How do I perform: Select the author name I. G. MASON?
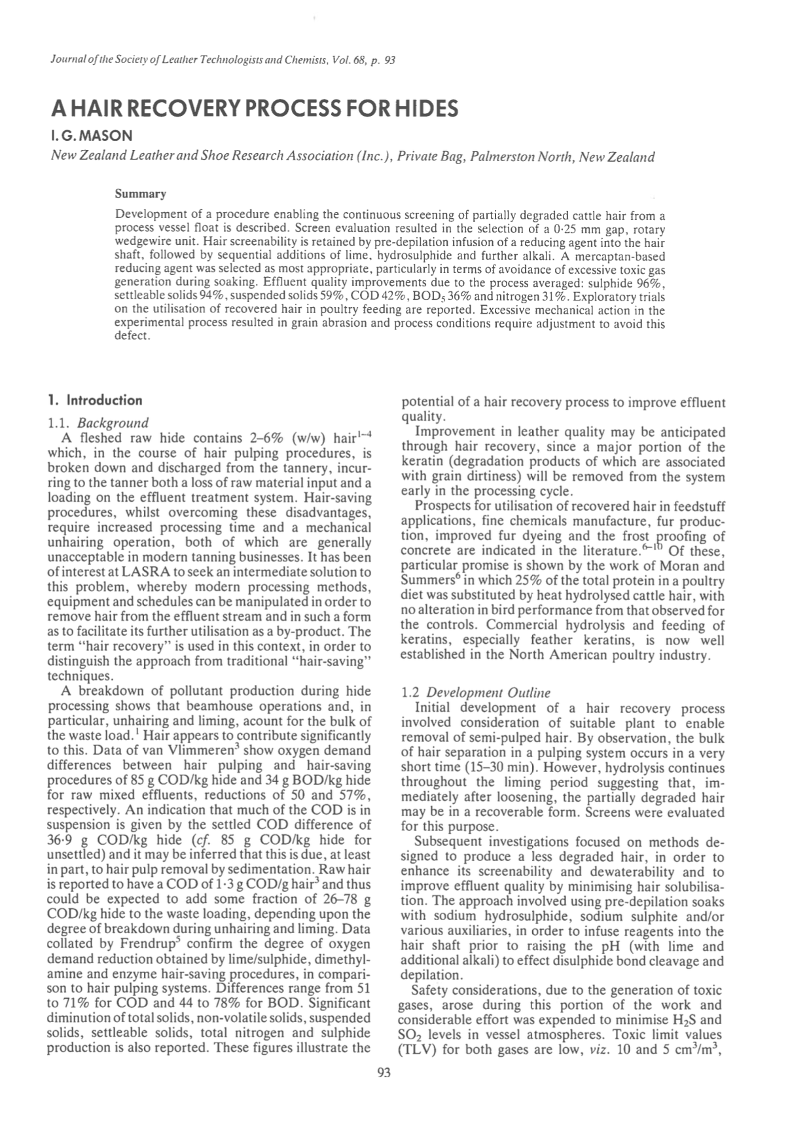coord(91,136)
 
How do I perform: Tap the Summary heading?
coord(140,194)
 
